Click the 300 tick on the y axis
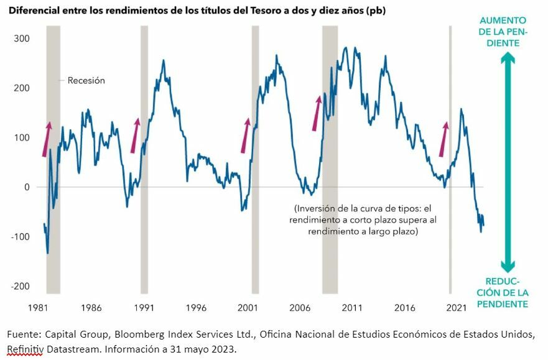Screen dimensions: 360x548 22,39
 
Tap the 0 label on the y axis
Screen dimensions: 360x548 27,187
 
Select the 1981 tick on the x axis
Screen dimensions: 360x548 39,308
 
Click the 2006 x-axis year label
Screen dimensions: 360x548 300,308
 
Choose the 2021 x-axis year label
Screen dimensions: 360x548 457,308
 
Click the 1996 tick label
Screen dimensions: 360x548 195,308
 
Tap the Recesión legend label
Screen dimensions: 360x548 86,80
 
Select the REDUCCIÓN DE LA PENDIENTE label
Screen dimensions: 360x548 508,292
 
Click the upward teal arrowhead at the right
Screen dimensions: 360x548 508,59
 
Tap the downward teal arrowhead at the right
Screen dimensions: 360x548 508,265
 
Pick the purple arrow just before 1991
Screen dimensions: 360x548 135,136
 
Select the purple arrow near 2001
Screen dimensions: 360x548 246,136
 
